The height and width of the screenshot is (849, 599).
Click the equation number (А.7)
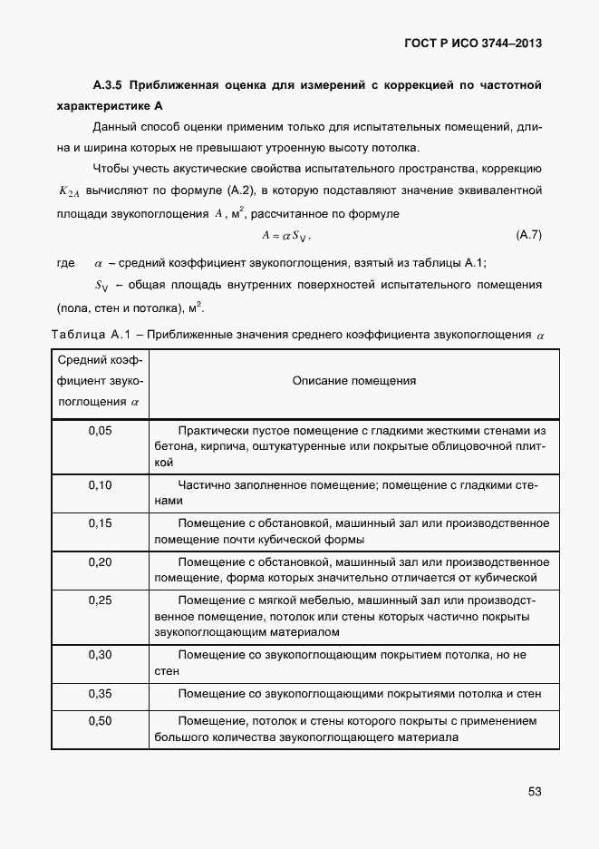point(527,236)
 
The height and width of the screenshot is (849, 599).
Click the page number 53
point(534,791)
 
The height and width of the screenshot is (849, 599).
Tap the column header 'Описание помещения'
point(354,381)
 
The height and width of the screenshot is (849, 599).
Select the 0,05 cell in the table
point(101,431)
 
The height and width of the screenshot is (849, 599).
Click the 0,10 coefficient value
point(101,485)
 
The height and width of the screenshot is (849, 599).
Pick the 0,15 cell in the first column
point(101,523)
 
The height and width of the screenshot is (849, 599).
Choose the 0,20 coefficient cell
point(101,561)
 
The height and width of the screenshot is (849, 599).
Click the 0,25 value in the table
point(101,600)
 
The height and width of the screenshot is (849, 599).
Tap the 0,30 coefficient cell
point(101,654)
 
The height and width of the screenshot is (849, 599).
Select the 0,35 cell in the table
point(101,693)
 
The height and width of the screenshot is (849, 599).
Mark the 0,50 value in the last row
point(101,721)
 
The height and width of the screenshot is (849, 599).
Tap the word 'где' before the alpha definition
point(65,263)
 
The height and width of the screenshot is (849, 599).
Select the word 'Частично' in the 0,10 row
point(203,485)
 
